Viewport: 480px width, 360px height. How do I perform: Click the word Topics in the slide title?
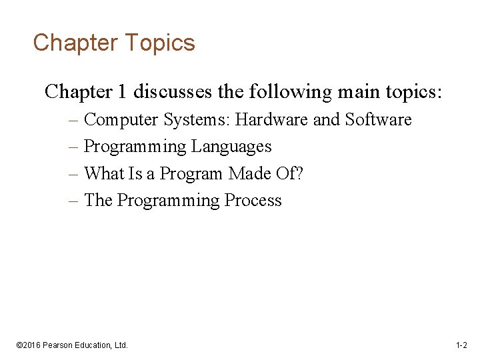point(159,43)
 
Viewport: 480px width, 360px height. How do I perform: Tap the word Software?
point(378,120)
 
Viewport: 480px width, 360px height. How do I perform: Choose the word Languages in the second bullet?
point(231,147)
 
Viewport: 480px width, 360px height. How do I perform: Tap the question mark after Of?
point(299,174)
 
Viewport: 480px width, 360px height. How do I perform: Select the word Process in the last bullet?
point(253,201)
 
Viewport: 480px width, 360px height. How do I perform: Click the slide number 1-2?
point(461,345)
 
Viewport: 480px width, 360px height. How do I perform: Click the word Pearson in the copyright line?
point(59,345)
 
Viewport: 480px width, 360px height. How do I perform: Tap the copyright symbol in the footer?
point(19,345)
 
